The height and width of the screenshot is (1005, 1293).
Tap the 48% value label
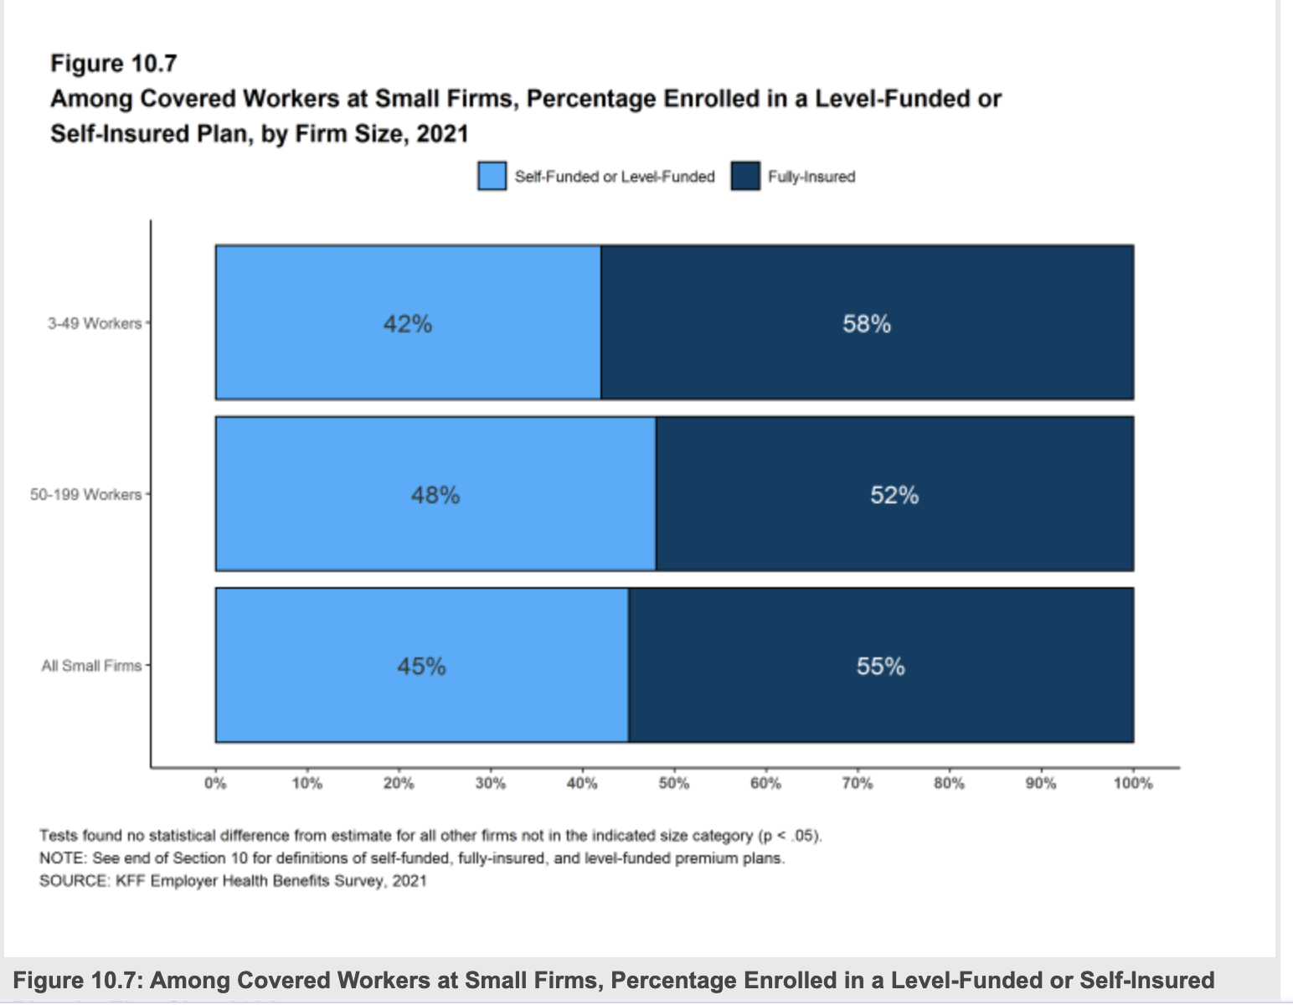coord(435,496)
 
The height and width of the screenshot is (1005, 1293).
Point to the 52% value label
coord(894,496)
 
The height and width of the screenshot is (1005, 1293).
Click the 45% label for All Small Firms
coord(421,667)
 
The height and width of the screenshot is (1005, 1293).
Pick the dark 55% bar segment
coord(881,703)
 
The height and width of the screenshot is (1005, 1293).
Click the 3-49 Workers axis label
coord(94,323)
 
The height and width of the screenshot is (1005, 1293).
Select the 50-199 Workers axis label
coord(85,495)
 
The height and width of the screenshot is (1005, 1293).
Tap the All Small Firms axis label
coord(91,666)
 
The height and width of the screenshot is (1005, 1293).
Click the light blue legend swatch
coord(492,177)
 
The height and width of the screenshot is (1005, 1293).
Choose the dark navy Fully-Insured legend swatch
coord(744,177)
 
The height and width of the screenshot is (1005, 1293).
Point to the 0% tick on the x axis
coord(215,784)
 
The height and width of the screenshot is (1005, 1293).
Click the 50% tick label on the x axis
coord(673,784)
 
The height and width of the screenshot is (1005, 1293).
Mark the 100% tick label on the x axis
coord(1132,784)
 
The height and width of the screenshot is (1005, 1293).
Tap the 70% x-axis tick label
coord(857,784)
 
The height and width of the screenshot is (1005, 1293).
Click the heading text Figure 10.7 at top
coord(113,64)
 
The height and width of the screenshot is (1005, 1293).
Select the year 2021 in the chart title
coord(442,134)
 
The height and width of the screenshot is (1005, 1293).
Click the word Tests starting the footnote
coord(58,836)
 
